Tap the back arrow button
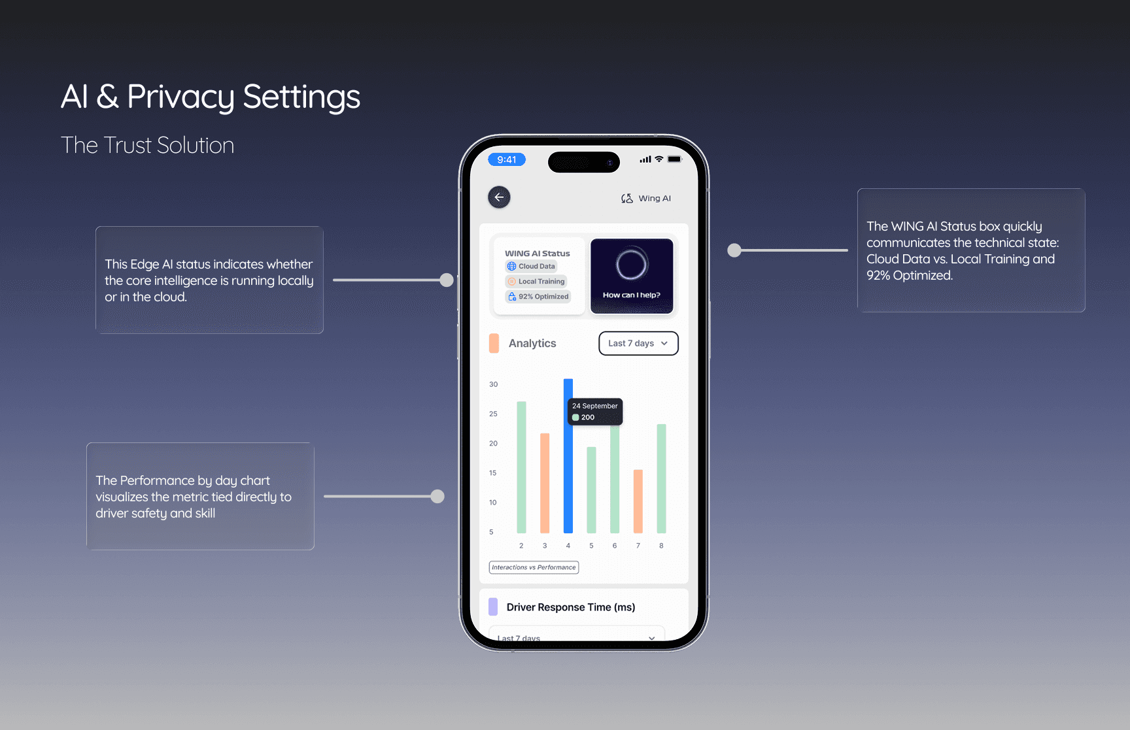click(x=499, y=197)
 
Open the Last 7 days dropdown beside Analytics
click(x=638, y=343)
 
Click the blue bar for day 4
click(x=568, y=456)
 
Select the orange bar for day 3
click(x=545, y=483)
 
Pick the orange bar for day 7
click(x=638, y=501)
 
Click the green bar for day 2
click(x=521, y=467)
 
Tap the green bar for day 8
click(x=661, y=478)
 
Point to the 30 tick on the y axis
click(x=493, y=384)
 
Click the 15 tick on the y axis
click(x=492, y=473)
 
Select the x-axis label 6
click(x=615, y=546)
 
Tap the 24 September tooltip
click(x=595, y=412)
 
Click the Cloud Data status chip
click(x=531, y=266)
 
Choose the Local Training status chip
click(x=536, y=281)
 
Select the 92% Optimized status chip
click(x=538, y=296)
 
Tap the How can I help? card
click(x=632, y=276)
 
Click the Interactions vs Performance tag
click(x=534, y=567)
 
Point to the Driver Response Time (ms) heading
click(x=570, y=607)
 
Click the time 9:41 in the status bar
click(x=507, y=159)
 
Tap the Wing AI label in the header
click(x=655, y=198)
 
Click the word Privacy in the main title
click(x=180, y=97)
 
